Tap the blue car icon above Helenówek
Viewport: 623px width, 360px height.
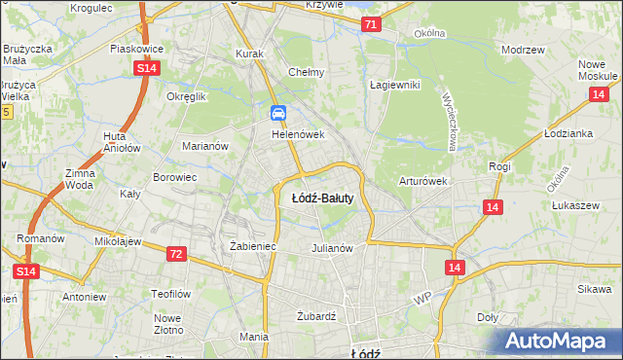click(x=278, y=115)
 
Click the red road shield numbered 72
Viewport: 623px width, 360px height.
click(x=176, y=253)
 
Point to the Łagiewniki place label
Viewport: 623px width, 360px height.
click(x=394, y=85)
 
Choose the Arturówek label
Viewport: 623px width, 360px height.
click(x=422, y=181)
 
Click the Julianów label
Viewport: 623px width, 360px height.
click(x=331, y=247)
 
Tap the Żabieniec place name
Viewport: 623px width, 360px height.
click(x=253, y=247)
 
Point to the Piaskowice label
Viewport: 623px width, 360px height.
click(x=136, y=48)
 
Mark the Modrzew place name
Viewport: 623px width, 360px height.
click(x=521, y=50)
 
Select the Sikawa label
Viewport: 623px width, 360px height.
click(x=592, y=290)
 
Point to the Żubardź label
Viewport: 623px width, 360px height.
click(x=315, y=316)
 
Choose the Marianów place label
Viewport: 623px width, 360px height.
click(x=205, y=146)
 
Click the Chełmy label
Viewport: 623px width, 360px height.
click(x=307, y=72)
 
